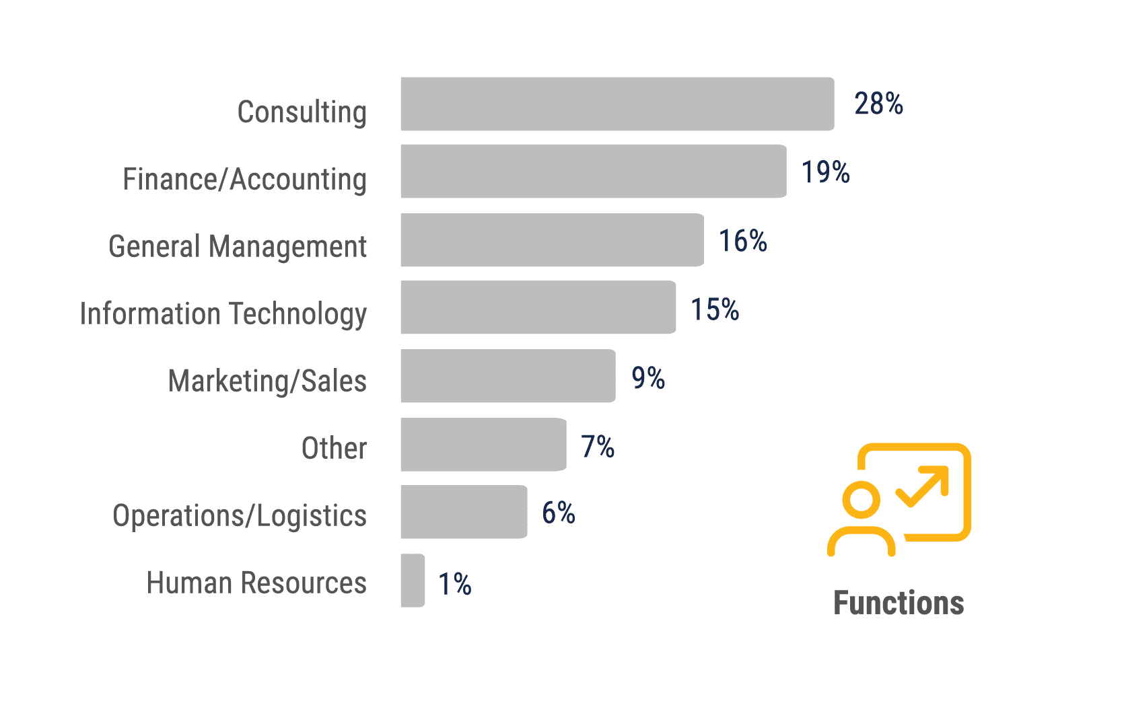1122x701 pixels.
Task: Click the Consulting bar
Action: [x=617, y=104]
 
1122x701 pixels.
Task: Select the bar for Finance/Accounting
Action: [x=594, y=172]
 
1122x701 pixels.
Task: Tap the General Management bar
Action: [x=552, y=240]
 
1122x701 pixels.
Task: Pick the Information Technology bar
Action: [x=538, y=307]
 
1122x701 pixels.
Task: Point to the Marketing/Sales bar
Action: [x=508, y=376]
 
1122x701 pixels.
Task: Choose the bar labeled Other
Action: [x=483, y=445]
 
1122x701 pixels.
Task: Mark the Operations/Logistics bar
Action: [x=464, y=512]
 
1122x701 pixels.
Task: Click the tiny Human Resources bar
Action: [x=413, y=581]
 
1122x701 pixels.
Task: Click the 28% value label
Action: [x=878, y=104]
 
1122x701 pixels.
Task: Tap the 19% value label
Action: [x=825, y=172]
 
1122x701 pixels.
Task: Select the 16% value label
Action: [x=743, y=241]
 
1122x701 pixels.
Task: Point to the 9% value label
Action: [x=648, y=378]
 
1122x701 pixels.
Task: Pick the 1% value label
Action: [x=455, y=584]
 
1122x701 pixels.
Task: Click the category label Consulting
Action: [x=302, y=112]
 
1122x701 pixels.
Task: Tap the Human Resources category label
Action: [x=256, y=583]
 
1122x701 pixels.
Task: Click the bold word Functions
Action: [x=899, y=603]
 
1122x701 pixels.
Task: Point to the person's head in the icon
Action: [x=861, y=501]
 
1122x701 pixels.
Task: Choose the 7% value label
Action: [x=598, y=447]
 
